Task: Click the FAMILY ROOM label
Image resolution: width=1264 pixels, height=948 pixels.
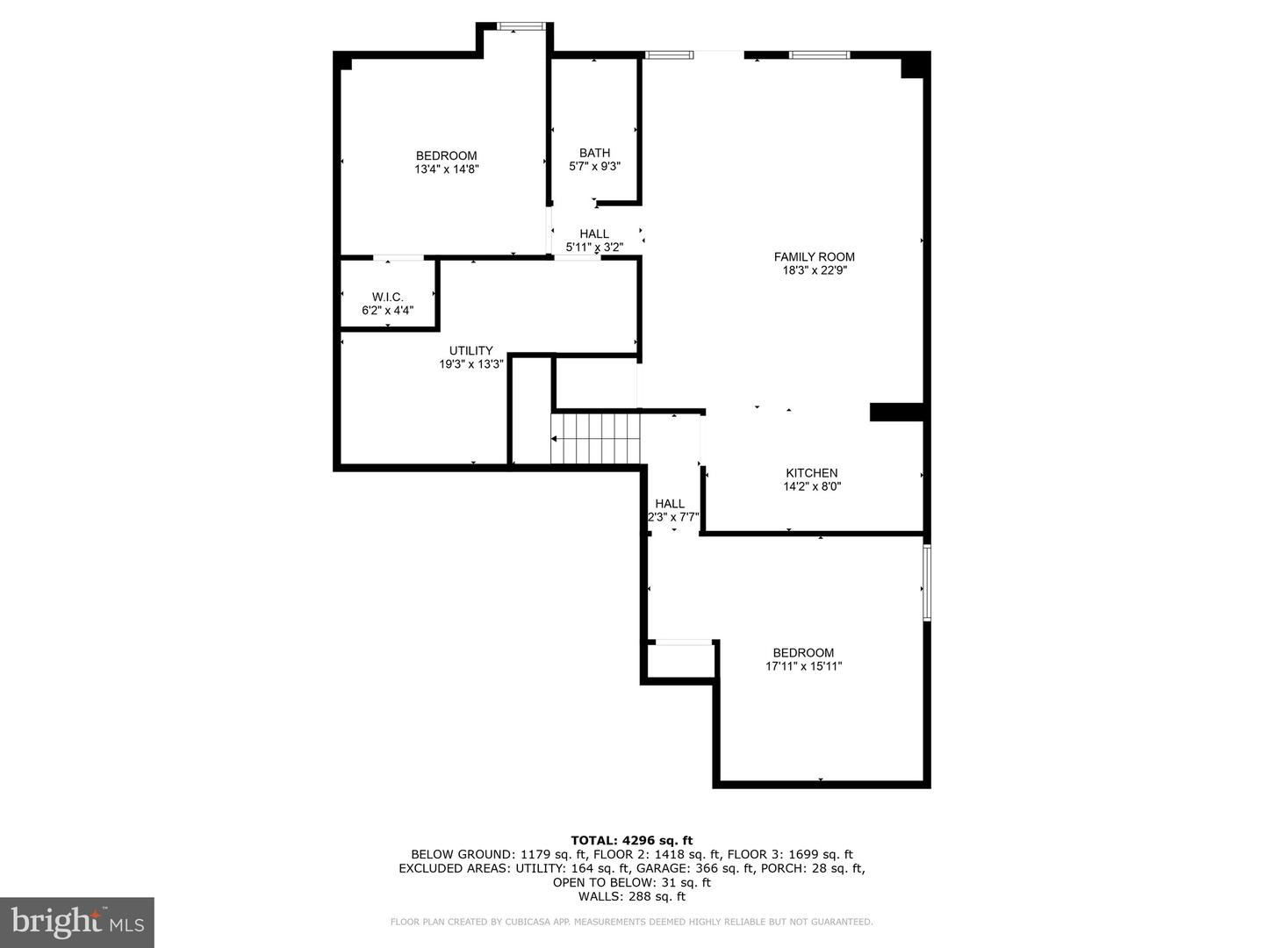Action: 814,256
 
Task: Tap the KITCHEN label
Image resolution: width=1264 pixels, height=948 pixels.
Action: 811,473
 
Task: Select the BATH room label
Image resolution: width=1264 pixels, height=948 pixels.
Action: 594,153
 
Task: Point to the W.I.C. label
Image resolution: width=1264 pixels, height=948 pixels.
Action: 388,297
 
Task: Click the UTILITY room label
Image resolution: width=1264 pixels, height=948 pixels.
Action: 471,350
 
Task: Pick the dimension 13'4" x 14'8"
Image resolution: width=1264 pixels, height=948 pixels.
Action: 446,169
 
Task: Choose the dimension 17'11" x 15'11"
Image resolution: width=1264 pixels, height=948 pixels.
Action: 803,666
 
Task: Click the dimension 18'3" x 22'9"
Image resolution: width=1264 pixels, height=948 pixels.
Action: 815,270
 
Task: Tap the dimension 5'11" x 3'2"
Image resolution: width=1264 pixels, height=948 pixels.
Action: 594,248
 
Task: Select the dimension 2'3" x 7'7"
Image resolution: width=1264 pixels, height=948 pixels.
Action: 673,517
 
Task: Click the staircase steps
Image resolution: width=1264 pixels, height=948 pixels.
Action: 595,439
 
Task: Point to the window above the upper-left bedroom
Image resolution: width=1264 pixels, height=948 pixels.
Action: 521,26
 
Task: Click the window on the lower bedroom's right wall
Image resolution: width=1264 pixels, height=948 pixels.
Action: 927,583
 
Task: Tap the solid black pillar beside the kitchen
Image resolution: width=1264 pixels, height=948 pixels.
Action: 896,413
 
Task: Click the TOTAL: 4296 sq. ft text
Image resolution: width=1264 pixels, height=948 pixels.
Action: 632,840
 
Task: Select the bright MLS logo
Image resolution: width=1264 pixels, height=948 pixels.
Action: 77,922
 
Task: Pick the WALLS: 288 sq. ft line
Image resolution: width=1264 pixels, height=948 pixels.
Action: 632,896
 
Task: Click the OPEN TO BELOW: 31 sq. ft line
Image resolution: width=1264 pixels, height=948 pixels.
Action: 632,882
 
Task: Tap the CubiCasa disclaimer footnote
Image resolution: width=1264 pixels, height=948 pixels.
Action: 632,922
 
